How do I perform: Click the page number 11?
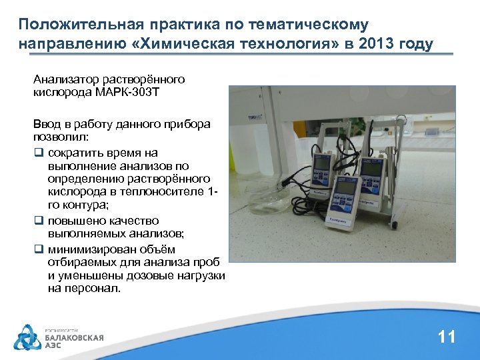click(x=446, y=337)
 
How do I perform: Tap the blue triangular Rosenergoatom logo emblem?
click(x=27, y=337)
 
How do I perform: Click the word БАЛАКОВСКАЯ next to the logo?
click(x=74, y=337)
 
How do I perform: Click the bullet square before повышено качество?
click(x=38, y=221)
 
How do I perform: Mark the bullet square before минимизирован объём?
click(x=38, y=249)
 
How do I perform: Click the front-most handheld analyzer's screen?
click(x=344, y=188)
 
